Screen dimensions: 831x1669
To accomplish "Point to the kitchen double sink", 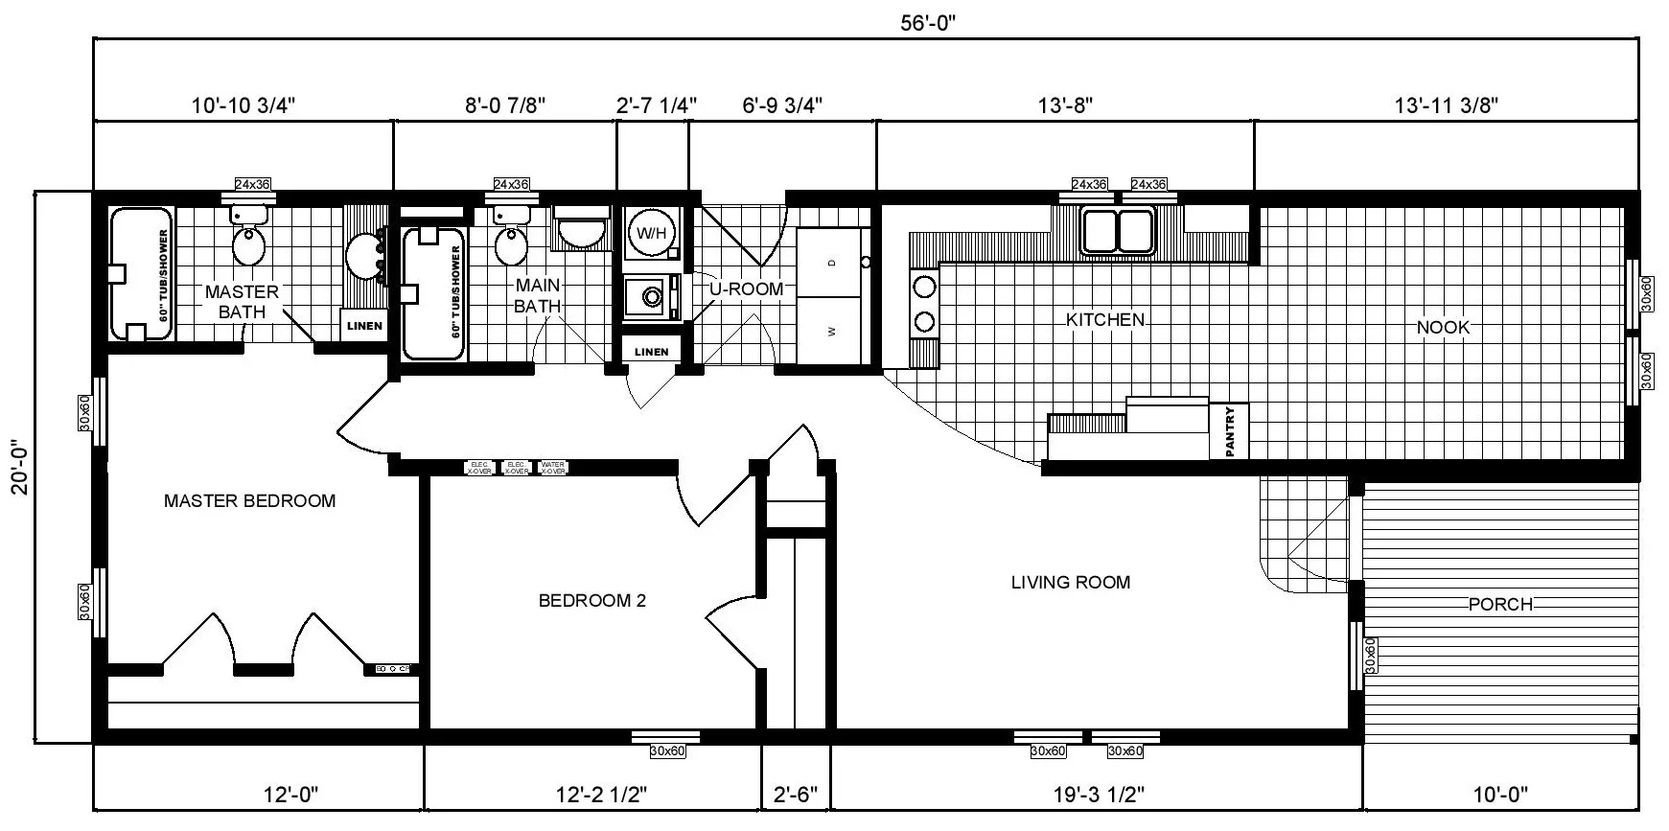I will click(x=1118, y=231).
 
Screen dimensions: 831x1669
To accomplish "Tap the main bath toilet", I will click(x=510, y=242).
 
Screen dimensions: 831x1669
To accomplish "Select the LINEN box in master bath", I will click(x=364, y=325).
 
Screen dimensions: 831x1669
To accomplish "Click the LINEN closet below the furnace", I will click(x=651, y=351).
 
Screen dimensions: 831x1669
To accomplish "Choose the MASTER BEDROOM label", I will click(x=249, y=500).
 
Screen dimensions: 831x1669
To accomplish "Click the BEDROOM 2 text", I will click(x=591, y=601).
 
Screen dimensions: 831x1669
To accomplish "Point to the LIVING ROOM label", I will click(x=1070, y=582).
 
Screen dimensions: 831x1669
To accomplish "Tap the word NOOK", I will click(x=1443, y=328).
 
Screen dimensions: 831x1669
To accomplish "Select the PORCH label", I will click(x=1500, y=604).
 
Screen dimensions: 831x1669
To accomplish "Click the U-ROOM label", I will click(x=746, y=289).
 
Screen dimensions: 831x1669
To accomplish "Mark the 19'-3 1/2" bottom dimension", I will click(x=1094, y=795).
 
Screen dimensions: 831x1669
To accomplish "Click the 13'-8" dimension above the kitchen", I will click(x=1064, y=104).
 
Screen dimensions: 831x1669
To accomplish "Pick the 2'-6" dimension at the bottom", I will click(x=796, y=795).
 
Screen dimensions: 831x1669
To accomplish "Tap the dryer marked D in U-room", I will click(x=831, y=263).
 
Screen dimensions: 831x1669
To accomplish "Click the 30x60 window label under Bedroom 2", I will click(x=666, y=751).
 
